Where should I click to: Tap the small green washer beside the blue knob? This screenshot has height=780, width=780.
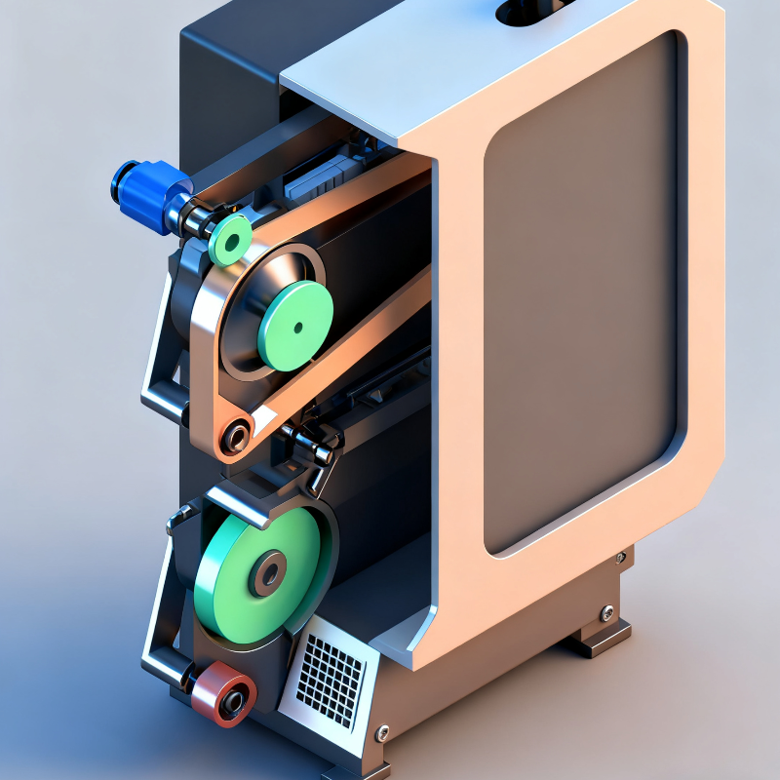tap(231, 240)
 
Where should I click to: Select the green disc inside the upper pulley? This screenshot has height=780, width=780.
tap(294, 325)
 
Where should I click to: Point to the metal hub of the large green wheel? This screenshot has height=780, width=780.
tap(267, 573)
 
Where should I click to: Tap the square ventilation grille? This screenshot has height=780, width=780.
tap(331, 672)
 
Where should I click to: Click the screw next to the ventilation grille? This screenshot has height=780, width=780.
tap(382, 732)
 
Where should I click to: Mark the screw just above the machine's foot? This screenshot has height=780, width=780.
tap(606, 613)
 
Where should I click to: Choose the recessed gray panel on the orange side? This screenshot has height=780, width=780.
tap(583, 292)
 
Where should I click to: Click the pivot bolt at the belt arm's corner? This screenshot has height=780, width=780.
tap(234, 436)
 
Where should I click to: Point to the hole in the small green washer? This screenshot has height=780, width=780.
tap(231, 240)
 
